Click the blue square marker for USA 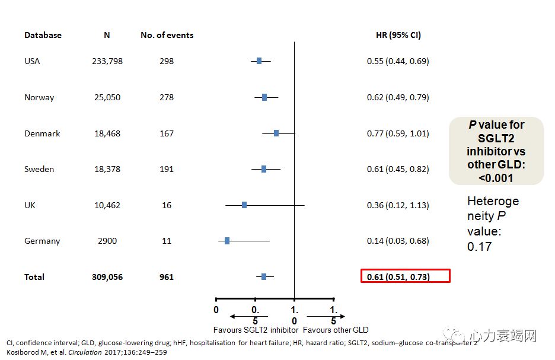pos(259,61)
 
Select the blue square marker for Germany pos(227,241)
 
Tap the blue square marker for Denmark pos(276,133)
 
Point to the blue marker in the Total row pos(264,276)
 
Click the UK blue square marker pos(244,205)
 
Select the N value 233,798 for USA pos(107,61)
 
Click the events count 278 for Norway pos(167,97)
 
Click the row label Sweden pos(39,169)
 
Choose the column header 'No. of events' pos(167,35)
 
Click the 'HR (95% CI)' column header pos(398,35)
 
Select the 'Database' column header pos(43,35)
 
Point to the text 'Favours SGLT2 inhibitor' pos(256,330)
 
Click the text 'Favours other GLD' pos(336,330)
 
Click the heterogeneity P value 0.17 pos(479,247)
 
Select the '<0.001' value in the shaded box pos(496,178)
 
